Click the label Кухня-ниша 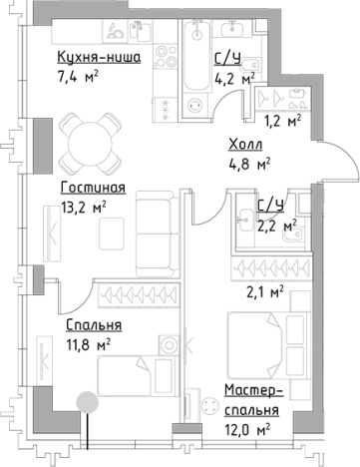(x=98, y=59)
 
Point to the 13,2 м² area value (x=83, y=208)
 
